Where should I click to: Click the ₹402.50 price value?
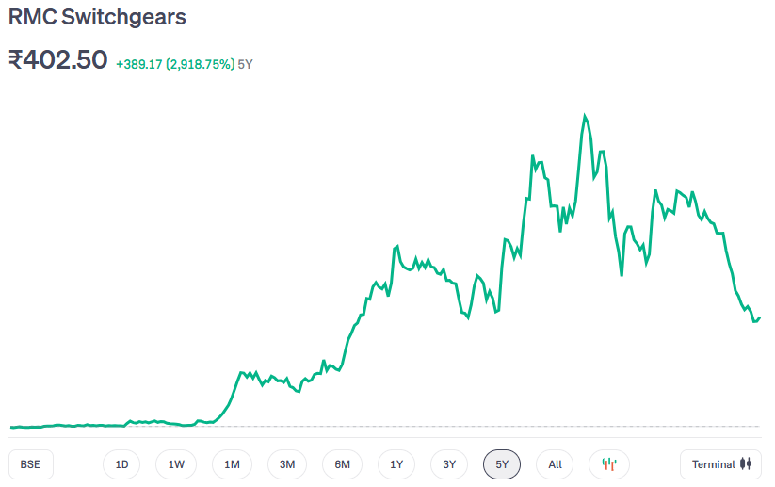point(57,60)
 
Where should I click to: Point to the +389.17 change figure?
point(138,65)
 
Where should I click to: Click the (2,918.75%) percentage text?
point(201,65)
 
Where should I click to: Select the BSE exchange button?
point(30,464)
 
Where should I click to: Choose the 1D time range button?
point(121,464)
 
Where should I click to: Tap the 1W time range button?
point(176,464)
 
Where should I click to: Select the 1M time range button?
point(232,464)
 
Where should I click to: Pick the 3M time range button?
point(287,464)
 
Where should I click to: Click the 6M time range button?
point(342,464)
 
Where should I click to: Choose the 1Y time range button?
point(396,464)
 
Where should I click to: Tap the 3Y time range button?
point(449,464)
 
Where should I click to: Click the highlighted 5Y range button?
point(502,464)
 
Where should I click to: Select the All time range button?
point(555,464)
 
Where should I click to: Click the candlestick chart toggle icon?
point(609,464)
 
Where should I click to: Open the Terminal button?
point(720,464)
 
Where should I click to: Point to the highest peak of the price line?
point(585,116)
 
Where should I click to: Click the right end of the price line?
point(759,317)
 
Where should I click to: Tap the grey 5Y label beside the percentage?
point(246,65)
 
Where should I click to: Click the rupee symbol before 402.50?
point(16,60)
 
